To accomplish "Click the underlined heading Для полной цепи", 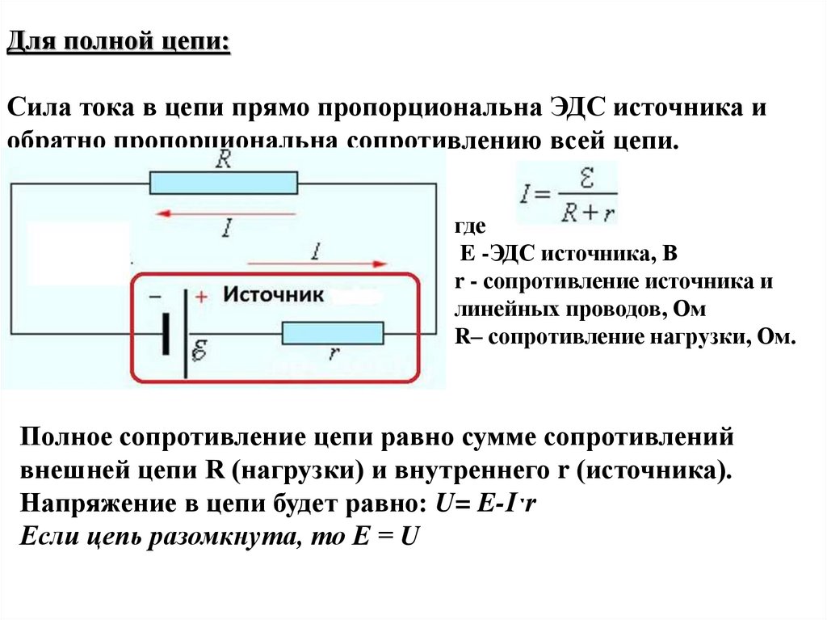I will coord(119,41).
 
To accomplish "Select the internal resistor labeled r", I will coord(332,333).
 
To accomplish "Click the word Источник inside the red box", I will coord(273,294).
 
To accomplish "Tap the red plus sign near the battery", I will coord(201,297).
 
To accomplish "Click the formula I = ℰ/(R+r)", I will coord(566,194).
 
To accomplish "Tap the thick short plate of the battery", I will coord(166,333).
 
